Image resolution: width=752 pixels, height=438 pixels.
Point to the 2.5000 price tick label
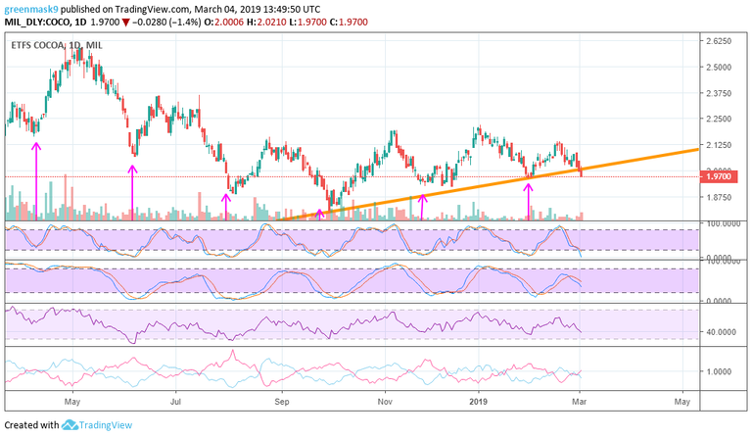click(721, 67)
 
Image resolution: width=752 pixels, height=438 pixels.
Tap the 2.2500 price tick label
click(721, 119)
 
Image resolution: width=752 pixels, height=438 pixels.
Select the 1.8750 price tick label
click(721, 196)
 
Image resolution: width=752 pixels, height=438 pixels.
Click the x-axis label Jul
click(177, 401)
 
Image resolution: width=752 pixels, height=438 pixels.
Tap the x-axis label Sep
click(282, 401)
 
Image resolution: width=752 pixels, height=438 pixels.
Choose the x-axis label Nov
click(386, 401)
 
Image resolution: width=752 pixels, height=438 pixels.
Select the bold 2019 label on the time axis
click(478, 401)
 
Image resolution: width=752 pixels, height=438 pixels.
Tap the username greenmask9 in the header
click(34, 9)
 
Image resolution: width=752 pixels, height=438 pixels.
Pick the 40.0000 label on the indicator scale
click(721, 332)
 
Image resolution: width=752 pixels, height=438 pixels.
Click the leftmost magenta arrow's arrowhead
click(36, 145)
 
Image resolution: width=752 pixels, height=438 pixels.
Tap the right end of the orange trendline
click(696, 149)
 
